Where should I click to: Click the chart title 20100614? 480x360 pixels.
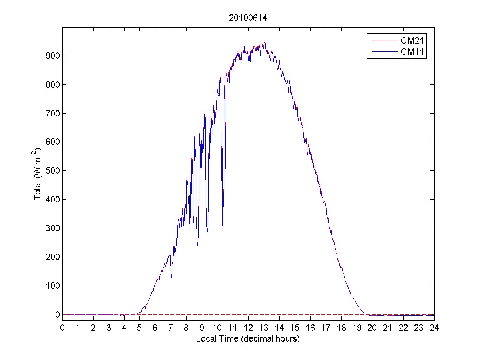(x=248, y=18)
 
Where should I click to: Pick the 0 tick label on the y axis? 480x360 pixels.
(x=58, y=314)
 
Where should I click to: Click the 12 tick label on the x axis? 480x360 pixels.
(x=248, y=328)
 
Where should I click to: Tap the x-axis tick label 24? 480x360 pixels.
(x=434, y=328)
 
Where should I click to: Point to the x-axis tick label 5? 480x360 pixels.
(x=140, y=328)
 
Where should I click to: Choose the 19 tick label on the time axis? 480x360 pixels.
(x=357, y=328)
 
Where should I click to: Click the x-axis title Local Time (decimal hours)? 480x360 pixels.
(x=248, y=338)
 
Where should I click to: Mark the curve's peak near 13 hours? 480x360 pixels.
(x=264, y=42)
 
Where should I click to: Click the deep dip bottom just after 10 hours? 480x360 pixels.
(x=223, y=230)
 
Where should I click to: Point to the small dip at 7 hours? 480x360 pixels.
(x=171, y=277)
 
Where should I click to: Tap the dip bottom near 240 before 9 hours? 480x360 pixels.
(x=197, y=245)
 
